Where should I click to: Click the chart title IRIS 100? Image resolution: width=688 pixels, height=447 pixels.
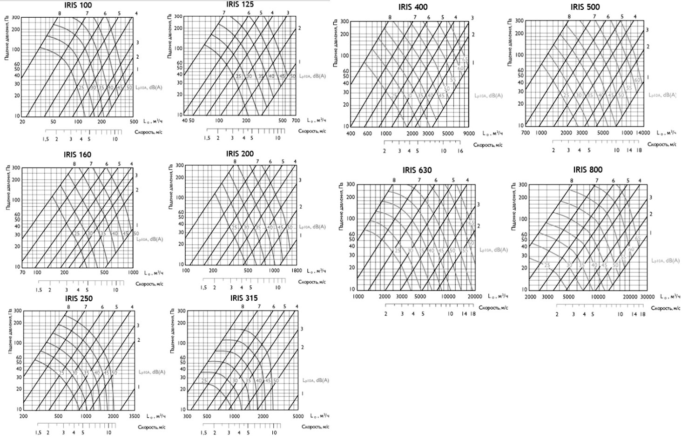click(78, 5)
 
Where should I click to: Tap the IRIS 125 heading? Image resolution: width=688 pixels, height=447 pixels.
click(241, 5)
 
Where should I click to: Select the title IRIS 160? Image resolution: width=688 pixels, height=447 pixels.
click(77, 155)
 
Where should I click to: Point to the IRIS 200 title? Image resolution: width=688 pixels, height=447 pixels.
click(240, 154)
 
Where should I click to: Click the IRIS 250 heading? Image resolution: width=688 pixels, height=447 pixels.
click(79, 298)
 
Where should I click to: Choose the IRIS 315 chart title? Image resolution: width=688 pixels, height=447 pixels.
click(243, 298)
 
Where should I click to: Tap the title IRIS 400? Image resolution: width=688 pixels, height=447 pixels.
click(413, 7)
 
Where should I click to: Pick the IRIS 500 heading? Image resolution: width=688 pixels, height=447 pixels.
click(585, 7)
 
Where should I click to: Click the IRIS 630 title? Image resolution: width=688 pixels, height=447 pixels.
click(417, 170)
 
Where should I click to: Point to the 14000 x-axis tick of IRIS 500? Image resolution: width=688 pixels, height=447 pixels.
click(643, 133)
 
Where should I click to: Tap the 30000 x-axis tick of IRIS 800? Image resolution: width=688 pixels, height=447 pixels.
click(648, 297)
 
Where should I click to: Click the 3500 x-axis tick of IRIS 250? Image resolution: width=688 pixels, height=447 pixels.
click(133, 416)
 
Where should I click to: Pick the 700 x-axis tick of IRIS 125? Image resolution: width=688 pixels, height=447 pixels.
click(296, 121)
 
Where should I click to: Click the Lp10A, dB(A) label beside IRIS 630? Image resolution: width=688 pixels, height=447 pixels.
click(494, 250)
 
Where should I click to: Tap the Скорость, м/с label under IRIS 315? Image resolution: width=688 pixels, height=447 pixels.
click(315, 427)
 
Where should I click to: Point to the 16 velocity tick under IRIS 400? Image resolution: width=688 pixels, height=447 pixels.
click(460, 151)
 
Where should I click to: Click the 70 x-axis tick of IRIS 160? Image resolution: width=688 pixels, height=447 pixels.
click(23, 272)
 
